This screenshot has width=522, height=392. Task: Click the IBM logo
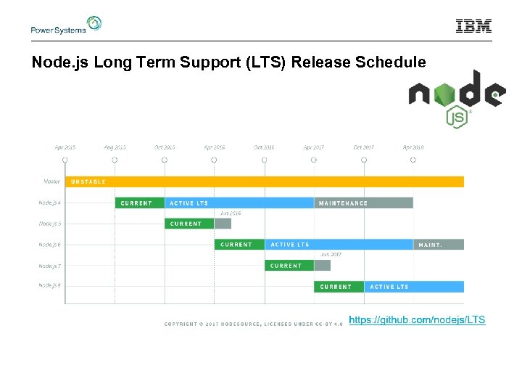473,26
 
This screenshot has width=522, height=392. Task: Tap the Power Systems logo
65,25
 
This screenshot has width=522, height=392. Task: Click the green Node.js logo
456,98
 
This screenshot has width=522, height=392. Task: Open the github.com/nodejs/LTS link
417,320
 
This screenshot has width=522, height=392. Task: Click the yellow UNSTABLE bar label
88,181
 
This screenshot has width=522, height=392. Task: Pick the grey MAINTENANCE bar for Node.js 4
363,203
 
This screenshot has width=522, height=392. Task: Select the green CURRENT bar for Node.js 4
140,203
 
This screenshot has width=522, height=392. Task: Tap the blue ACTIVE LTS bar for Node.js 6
339,245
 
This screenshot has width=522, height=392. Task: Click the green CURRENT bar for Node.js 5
189,224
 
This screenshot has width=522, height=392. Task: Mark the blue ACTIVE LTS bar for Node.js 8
413,287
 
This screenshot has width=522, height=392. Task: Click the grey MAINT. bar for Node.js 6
438,245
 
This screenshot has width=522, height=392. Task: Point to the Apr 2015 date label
65,147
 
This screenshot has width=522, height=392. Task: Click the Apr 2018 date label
413,147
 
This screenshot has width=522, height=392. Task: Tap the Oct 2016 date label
264,147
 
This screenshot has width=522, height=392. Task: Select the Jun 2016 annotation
231,213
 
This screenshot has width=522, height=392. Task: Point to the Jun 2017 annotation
331,255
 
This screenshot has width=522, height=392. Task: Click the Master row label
51,181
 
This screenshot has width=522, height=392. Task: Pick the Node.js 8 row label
50,286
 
